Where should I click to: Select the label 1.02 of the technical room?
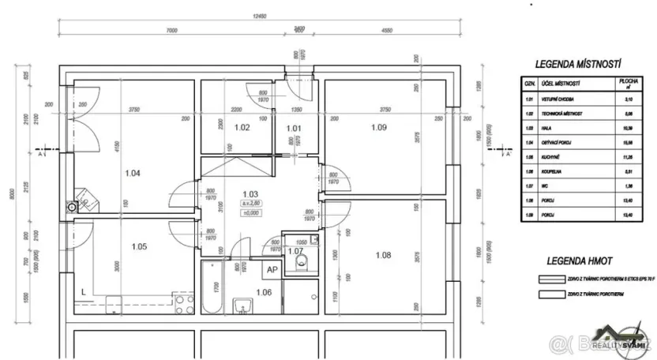pyautogui.click(x=242, y=127)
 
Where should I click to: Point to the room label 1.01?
pyautogui.click(x=293, y=127)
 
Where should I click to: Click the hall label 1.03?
pyautogui.click(x=251, y=193)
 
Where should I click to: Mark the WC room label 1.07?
pyautogui.click(x=296, y=252)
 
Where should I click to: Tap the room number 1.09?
pyautogui.click(x=380, y=127)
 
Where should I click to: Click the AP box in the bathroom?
pyautogui.click(x=271, y=269)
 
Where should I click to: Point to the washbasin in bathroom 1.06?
pyautogui.click(x=242, y=305)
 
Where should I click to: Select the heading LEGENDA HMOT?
pyautogui.click(x=580, y=261)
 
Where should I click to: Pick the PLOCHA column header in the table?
pyautogui.click(x=629, y=83)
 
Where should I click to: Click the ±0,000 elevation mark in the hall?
pyautogui.click(x=251, y=212)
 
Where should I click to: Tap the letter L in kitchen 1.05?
pyautogui.click(x=84, y=291)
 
